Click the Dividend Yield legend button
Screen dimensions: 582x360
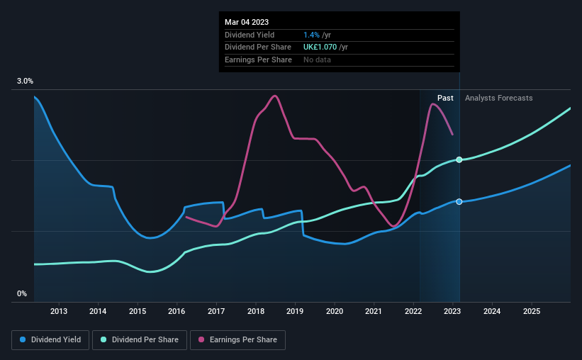click(50, 340)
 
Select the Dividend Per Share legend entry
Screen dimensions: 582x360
click(140, 340)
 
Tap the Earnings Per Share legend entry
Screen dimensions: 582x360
click(237, 340)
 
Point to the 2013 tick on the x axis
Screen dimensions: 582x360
click(59, 311)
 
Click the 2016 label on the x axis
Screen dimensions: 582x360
click(177, 311)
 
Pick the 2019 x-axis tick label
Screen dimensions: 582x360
click(295, 311)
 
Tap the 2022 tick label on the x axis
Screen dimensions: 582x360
click(413, 311)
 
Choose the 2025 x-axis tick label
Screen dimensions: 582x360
click(532, 311)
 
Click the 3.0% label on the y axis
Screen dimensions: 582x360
click(25, 81)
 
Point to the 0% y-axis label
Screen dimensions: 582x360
click(22, 294)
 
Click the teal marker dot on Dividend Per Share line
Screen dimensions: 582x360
click(459, 159)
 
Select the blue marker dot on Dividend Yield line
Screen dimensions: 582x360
click(459, 201)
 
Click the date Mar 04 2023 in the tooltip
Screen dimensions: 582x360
click(247, 22)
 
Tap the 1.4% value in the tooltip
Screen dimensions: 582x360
click(311, 35)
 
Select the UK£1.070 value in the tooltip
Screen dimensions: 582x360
click(320, 47)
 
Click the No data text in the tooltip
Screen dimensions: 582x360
click(317, 60)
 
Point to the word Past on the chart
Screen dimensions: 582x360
click(445, 98)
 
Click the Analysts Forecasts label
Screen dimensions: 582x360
click(499, 98)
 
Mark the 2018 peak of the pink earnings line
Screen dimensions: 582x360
click(274, 96)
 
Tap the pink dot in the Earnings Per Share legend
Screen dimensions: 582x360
click(201, 339)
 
